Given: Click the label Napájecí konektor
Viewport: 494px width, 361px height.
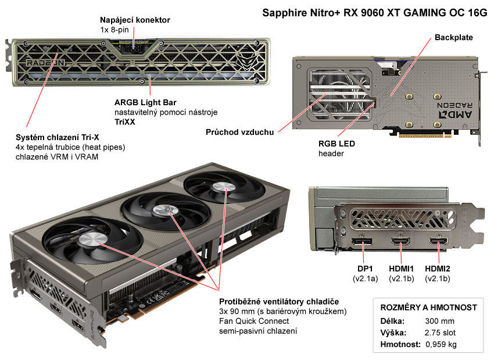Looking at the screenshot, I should pos(135,20).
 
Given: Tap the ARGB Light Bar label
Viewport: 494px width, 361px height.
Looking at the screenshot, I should pos(143,102).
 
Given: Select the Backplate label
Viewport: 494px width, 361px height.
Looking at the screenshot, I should pos(454,38).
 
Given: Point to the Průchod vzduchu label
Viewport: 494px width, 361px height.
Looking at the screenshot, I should pos(239,132).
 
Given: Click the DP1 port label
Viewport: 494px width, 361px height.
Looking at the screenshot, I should pos(364,269).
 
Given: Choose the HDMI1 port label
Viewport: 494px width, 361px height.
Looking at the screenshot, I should pos(402,269).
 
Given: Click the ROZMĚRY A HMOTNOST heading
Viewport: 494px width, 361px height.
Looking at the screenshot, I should pos(428,307).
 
